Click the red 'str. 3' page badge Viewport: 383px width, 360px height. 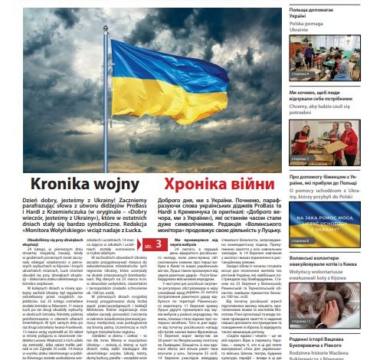point(152,266)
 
